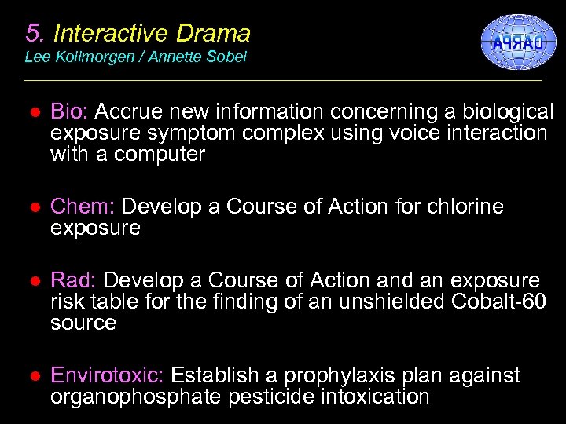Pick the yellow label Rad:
click(x=75, y=281)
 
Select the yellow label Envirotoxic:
click(x=108, y=376)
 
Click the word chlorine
click(x=463, y=207)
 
